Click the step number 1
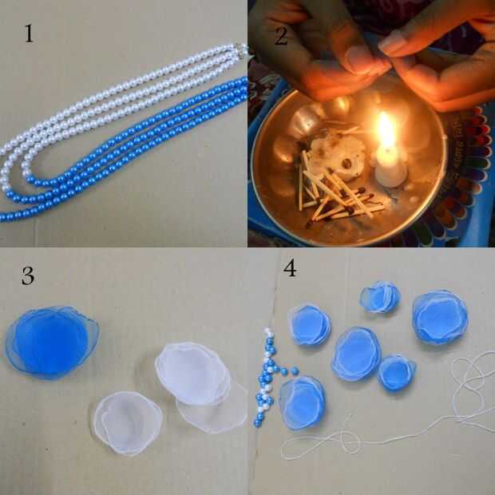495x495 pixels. click(x=29, y=34)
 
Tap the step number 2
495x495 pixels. click(x=281, y=36)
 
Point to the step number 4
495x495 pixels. click(x=290, y=268)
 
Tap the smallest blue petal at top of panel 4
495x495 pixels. click(x=380, y=296)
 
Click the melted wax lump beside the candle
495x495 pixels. click(x=337, y=154)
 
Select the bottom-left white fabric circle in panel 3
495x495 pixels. click(x=128, y=423)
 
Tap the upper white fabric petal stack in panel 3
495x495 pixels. click(x=193, y=374)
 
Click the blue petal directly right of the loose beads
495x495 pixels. click(x=302, y=403)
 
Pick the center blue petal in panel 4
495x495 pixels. click(x=357, y=354)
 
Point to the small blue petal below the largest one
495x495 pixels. click(x=397, y=372)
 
